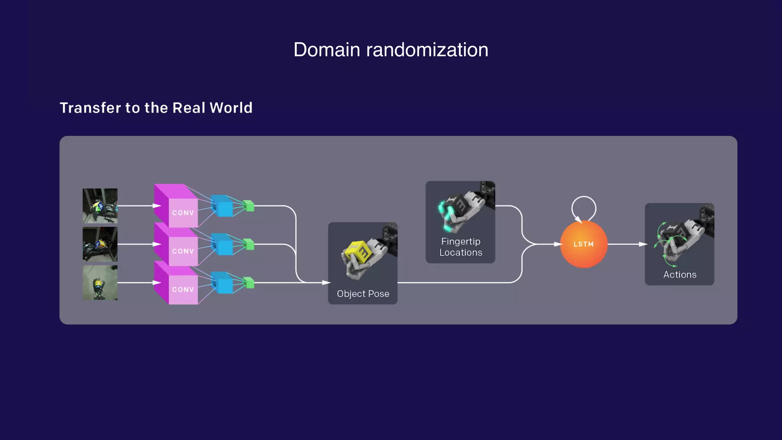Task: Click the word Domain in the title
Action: pyautogui.click(x=326, y=50)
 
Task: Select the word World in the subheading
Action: pyautogui.click(x=231, y=108)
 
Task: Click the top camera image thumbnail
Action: pyautogui.click(x=100, y=205)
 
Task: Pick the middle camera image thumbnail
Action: pyautogui.click(x=100, y=244)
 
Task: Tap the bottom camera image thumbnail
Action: pyautogui.click(x=100, y=283)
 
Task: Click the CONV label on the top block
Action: pyautogui.click(x=183, y=213)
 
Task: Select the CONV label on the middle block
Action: pyautogui.click(x=183, y=251)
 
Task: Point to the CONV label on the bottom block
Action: pyautogui.click(x=183, y=290)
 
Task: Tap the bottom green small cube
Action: pyautogui.click(x=249, y=283)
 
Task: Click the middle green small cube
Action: pyautogui.click(x=249, y=244)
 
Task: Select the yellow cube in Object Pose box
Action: pyautogui.click(x=358, y=252)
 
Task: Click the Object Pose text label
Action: pyautogui.click(x=363, y=294)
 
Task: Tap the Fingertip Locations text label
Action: pyautogui.click(x=460, y=247)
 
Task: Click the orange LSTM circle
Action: pyautogui.click(x=583, y=244)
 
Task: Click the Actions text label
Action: pyautogui.click(x=680, y=275)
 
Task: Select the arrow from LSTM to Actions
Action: pyautogui.click(x=626, y=244)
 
